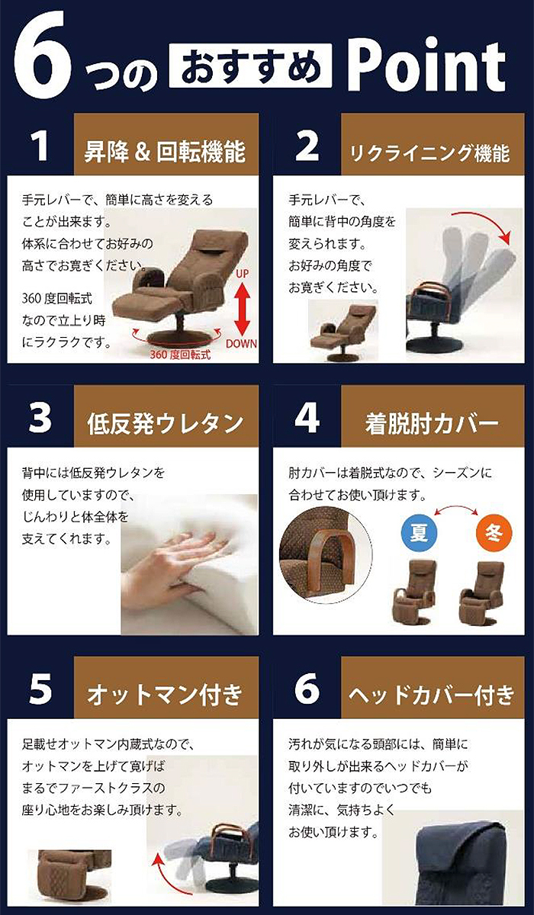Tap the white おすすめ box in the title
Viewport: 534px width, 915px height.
pyautogui.click(x=250, y=67)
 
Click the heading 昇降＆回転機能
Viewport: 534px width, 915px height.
pyautogui.click(x=165, y=152)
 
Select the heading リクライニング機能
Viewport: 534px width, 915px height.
pyautogui.click(x=429, y=153)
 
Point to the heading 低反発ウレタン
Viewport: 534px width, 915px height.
pyautogui.click(x=165, y=423)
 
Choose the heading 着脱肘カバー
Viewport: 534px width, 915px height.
pyautogui.click(x=432, y=424)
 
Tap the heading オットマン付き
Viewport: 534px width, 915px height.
pyautogui.click(x=165, y=695)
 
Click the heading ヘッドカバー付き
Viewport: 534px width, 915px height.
pyautogui.click(x=432, y=695)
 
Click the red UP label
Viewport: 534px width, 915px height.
pyautogui.click(x=243, y=274)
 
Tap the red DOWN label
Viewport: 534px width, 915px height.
pyautogui.click(x=242, y=344)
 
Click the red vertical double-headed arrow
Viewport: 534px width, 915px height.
pyautogui.click(x=243, y=310)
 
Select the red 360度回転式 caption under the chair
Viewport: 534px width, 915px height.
pyautogui.click(x=180, y=355)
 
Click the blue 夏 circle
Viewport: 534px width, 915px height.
pyautogui.click(x=419, y=533)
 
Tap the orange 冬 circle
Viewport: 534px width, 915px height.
pyautogui.click(x=494, y=533)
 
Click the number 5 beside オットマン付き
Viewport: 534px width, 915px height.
pyautogui.click(x=40, y=689)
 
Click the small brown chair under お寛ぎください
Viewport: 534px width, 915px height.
pyautogui.click(x=343, y=330)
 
